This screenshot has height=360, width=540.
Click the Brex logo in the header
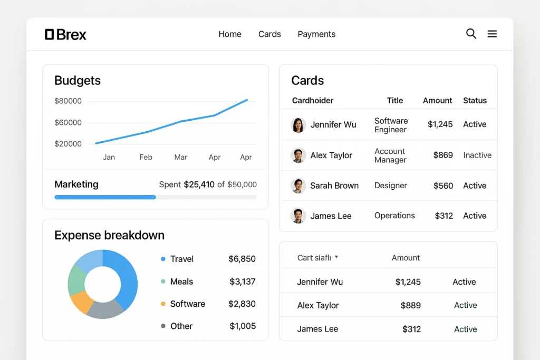point(65,35)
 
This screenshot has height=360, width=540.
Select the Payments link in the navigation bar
point(316,34)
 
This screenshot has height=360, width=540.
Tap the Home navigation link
point(230,34)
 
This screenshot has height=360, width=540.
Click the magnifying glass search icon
point(471,34)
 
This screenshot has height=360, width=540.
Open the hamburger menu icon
point(492,34)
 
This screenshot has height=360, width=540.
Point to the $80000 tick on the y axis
point(68,101)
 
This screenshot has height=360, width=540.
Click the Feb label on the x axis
point(146,157)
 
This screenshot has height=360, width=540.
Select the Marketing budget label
point(76,184)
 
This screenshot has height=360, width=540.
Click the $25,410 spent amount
point(199,184)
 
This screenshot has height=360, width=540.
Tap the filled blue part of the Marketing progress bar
point(105,197)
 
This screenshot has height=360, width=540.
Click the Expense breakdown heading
point(109,235)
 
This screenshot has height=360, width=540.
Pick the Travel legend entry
point(181,259)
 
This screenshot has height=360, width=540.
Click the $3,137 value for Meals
point(242,281)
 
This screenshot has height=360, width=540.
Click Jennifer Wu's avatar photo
point(298,125)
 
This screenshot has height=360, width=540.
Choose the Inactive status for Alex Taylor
point(477,155)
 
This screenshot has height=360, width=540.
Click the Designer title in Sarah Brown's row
point(390,186)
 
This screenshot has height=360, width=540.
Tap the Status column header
point(475,100)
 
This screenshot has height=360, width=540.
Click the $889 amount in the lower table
point(410,305)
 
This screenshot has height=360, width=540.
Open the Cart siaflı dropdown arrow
point(336,257)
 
